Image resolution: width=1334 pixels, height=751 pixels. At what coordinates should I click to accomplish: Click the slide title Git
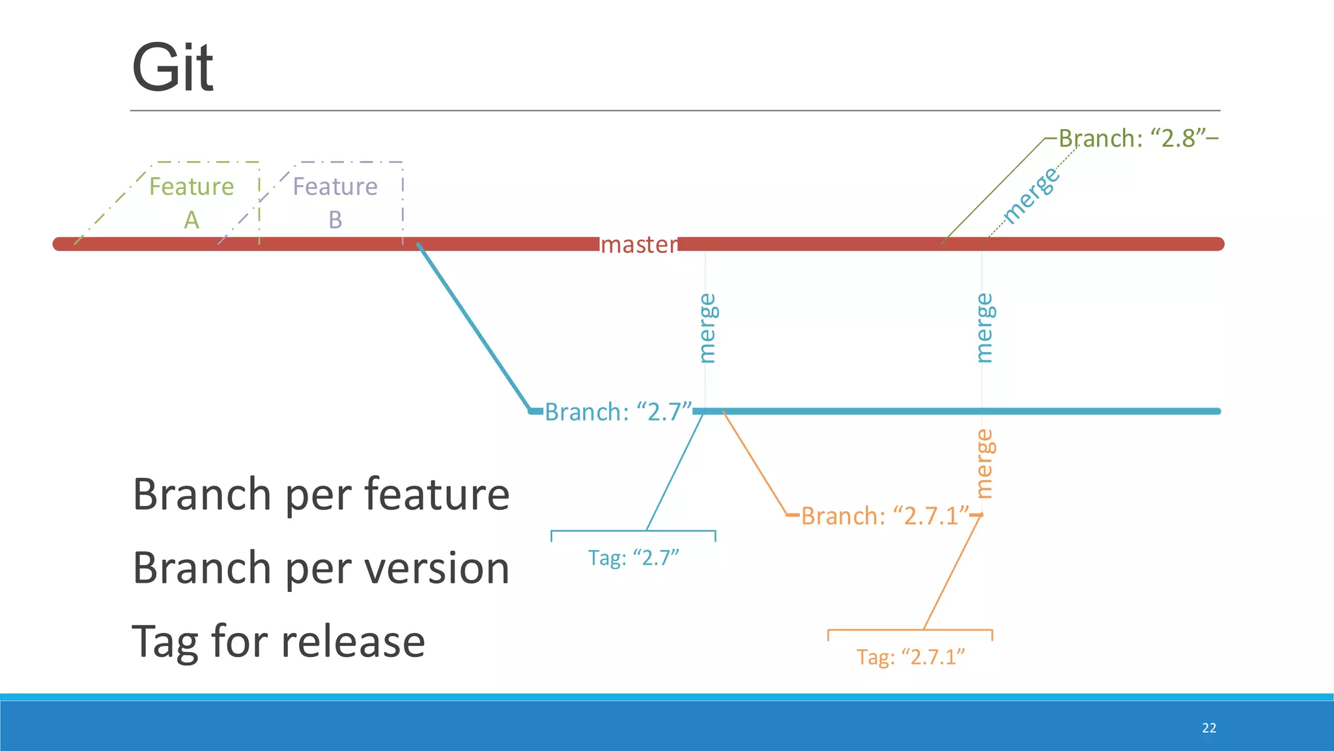[x=173, y=68]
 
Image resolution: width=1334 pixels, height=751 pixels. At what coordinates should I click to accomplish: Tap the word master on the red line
[x=638, y=244]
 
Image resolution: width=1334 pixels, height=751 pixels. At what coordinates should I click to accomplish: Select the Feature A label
[x=192, y=202]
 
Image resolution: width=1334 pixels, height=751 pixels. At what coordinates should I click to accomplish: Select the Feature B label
[x=335, y=202]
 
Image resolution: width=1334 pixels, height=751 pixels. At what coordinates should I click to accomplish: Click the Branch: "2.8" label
[x=1137, y=138]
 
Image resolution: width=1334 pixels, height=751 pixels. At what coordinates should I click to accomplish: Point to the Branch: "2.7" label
[x=617, y=412]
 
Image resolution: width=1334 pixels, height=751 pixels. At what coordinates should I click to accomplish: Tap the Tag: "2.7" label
[x=633, y=558]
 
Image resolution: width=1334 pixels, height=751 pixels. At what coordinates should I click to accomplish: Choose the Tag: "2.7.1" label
[x=910, y=656]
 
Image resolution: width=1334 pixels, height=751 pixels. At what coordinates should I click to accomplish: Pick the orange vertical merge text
[x=985, y=464]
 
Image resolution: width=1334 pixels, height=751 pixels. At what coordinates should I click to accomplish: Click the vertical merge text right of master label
[x=707, y=327]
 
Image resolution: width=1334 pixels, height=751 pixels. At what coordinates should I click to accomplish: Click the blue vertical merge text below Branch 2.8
[x=985, y=327]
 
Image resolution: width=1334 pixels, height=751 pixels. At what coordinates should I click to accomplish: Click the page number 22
[x=1209, y=728]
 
